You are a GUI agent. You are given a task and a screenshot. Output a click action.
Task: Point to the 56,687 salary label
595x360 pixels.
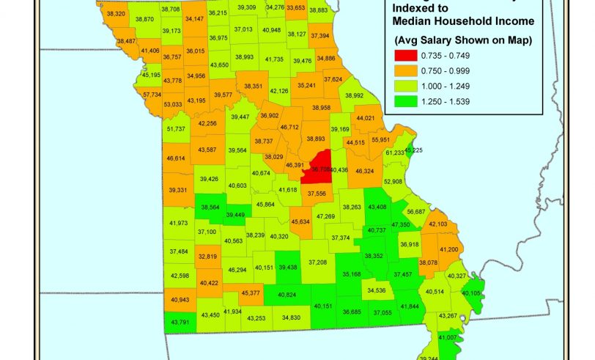coord(415,211)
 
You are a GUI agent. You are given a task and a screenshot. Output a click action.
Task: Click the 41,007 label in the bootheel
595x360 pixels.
coord(448,337)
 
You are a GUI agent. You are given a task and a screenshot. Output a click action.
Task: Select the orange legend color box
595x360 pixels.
coord(407,70)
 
